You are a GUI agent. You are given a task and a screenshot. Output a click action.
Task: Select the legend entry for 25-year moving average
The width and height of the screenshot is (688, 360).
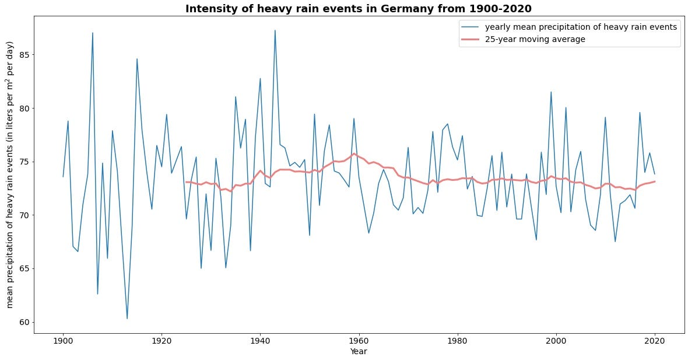tap(535, 39)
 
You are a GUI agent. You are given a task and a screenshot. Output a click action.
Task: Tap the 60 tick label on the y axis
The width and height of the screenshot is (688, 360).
tap(23, 322)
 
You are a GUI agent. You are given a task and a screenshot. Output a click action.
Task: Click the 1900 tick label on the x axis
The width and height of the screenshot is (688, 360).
tap(63, 341)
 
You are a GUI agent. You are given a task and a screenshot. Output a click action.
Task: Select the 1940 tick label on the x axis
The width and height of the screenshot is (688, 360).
tap(260, 341)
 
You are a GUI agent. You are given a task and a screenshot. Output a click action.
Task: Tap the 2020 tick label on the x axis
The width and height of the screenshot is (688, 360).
tap(655, 341)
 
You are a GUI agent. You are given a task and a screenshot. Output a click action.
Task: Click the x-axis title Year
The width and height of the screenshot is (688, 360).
tap(358, 351)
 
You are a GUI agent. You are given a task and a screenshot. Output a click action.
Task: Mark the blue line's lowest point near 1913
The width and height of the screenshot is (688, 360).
tap(127, 319)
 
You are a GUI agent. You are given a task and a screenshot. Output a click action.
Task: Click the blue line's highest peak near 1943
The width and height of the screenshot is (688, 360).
tap(275, 30)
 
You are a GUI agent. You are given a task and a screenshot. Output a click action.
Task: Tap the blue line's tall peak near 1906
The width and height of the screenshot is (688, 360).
tap(92, 33)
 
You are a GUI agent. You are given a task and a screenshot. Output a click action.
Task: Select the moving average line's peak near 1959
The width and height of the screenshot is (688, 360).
tap(354, 154)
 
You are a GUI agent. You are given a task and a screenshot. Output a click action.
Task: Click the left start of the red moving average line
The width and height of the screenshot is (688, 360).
tap(186, 182)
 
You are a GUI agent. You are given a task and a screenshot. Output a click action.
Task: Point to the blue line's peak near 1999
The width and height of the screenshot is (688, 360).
tap(551, 92)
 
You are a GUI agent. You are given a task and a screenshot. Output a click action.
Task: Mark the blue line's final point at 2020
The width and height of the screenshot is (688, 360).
tap(655, 174)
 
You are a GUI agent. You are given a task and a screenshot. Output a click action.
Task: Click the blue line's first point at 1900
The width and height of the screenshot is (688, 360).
tap(63, 177)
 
